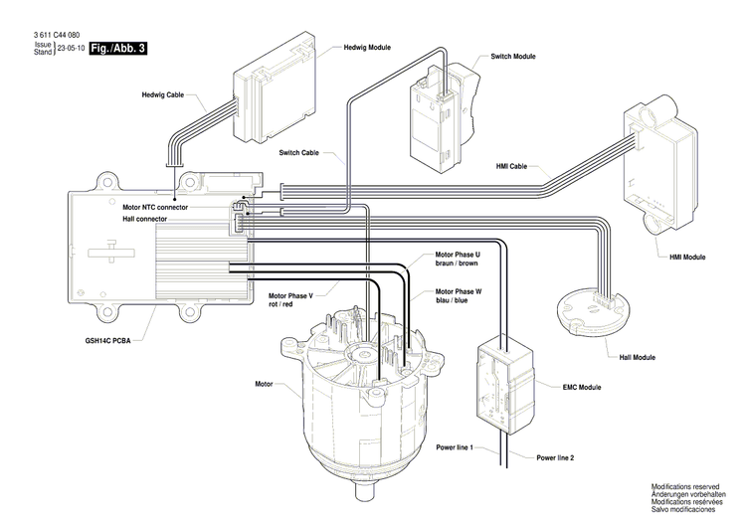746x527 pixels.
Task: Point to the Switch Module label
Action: (x=513, y=57)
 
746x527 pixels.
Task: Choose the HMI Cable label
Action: (x=510, y=166)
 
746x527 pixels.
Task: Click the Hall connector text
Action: (x=145, y=218)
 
